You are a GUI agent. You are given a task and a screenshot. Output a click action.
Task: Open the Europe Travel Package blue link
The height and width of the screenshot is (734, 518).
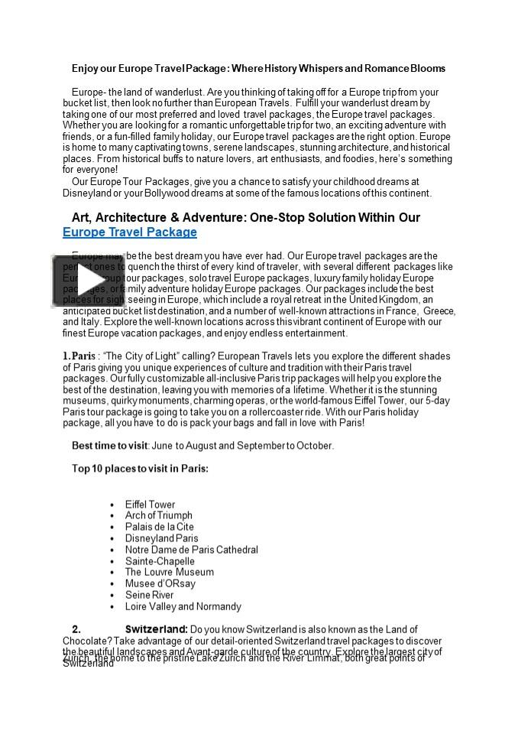click(x=129, y=232)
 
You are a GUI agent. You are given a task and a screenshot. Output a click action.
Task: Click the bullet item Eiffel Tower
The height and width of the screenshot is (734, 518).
click(x=150, y=505)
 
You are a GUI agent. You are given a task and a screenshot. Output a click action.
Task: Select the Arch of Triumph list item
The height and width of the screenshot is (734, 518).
click(x=158, y=515)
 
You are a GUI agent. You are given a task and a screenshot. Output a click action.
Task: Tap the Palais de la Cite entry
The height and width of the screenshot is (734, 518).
click(x=159, y=527)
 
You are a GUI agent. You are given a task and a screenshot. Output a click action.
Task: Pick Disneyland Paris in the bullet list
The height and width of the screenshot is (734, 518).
click(x=161, y=538)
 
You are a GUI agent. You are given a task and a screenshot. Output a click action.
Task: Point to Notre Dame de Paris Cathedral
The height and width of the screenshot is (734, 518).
click(x=191, y=550)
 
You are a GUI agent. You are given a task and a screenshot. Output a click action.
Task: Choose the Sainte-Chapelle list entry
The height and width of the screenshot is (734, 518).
click(x=160, y=561)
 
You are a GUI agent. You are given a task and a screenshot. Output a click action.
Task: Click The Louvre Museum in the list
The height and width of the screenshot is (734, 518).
click(x=169, y=572)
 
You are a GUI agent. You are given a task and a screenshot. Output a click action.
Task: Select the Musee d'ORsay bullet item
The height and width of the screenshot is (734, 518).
click(x=160, y=583)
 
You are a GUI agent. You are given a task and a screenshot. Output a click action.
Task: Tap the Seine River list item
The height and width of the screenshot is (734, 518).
click(x=149, y=595)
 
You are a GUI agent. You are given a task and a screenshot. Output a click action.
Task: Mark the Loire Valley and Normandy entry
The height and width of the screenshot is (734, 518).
click(x=183, y=606)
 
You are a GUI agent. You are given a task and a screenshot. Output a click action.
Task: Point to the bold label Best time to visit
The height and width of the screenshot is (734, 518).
click(x=109, y=446)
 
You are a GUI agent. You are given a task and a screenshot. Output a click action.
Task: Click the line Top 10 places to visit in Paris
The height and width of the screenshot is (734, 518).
click(x=140, y=468)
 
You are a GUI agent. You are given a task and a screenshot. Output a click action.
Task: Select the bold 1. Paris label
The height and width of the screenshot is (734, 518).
click(x=79, y=356)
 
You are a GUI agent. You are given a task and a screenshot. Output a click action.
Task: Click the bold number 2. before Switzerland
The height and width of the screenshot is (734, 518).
click(x=76, y=629)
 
